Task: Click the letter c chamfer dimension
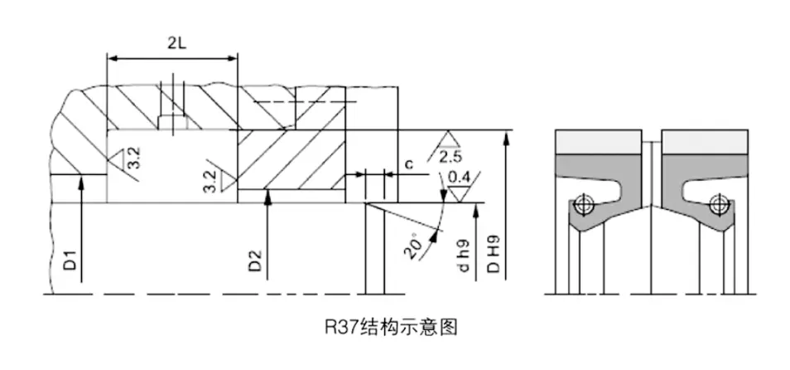tap(409, 164)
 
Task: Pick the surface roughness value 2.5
tap(451, 157)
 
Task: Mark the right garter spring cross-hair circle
tap(718, 202)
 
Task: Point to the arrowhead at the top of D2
tap(266, 197)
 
